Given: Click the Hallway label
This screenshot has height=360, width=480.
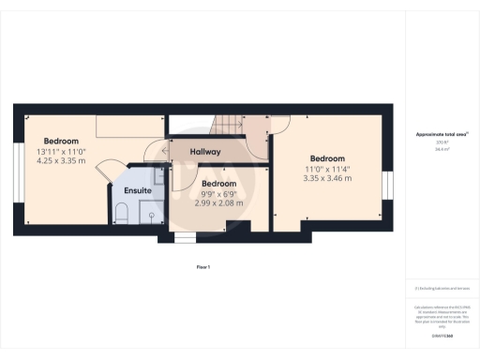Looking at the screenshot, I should click(205, 152).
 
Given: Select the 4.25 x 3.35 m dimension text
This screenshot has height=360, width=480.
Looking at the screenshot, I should click(61, 160).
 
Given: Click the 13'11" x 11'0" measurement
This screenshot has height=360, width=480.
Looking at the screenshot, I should click(61, 151).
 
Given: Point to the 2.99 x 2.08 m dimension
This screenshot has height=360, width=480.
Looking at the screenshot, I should click(218, 202).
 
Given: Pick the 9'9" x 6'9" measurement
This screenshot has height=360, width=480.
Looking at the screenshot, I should click(218, 193).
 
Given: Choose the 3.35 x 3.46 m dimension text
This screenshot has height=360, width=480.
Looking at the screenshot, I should click(328, 177).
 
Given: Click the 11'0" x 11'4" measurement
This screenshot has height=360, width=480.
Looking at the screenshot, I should click(328, 169).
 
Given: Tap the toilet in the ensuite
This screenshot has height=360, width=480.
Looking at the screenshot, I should click(121, 213).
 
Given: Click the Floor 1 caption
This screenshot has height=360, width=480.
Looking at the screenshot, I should click(202, 268).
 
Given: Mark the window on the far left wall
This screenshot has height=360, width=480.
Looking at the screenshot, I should click(16, 184).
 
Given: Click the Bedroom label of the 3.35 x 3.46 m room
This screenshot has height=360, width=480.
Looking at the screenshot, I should click(328, 158).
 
